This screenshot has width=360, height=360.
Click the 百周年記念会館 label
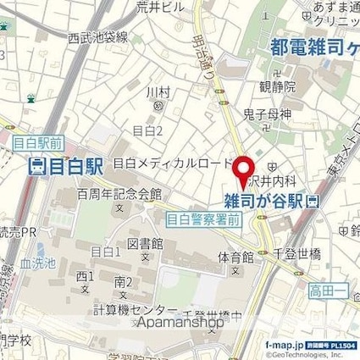coord(118,193)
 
